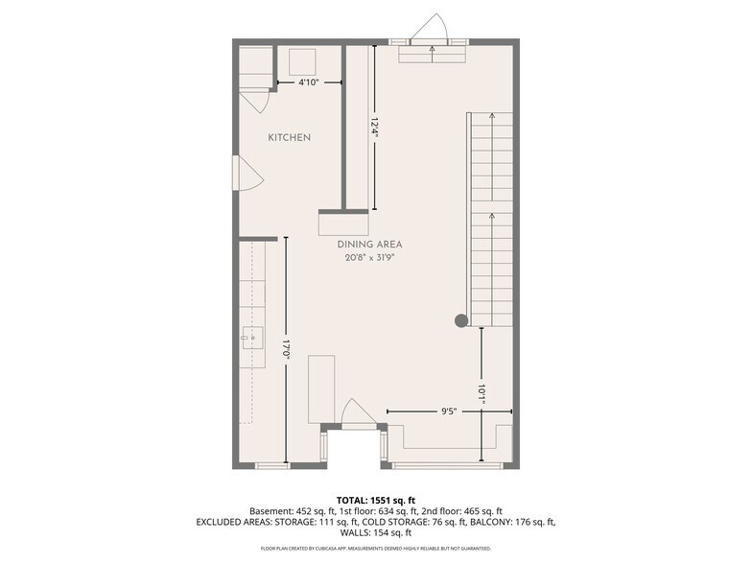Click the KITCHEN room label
(x=290, y=138)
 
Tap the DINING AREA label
(x=370, y=245)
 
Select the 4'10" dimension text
(x=309, y=82)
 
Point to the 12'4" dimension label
(x=375, y=129)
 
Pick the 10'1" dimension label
(x=482, y=394)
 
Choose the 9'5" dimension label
(x=449, y=411)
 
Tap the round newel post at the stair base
(x=461, y=320)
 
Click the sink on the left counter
(x=252, y=339)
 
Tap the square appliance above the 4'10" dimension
(x=302, y=61)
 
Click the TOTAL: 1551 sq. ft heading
(x=376, y=501)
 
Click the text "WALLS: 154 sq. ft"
(x=376, y=532)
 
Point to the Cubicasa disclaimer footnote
(x=376, y=549)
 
